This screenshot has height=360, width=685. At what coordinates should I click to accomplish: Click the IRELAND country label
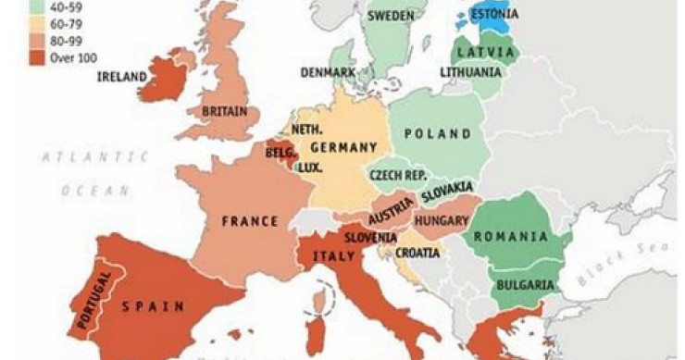(123, 76)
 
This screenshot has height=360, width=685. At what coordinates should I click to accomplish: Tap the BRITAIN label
(224, 111)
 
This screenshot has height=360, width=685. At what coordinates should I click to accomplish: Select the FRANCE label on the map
(249, 221)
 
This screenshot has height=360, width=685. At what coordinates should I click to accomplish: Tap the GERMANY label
(342, 148)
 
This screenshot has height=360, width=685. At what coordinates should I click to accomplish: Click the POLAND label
(438, 134)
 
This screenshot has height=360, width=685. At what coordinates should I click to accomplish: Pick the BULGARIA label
(525, 285)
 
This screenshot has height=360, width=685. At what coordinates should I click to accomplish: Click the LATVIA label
(485, 51)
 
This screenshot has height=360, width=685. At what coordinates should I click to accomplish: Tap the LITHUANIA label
(470, 71)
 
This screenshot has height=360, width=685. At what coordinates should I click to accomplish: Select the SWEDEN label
(390, 17)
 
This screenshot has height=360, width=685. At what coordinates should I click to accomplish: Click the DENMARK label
(328, 71)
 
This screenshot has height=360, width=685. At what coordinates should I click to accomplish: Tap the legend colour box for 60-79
(16, 23)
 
